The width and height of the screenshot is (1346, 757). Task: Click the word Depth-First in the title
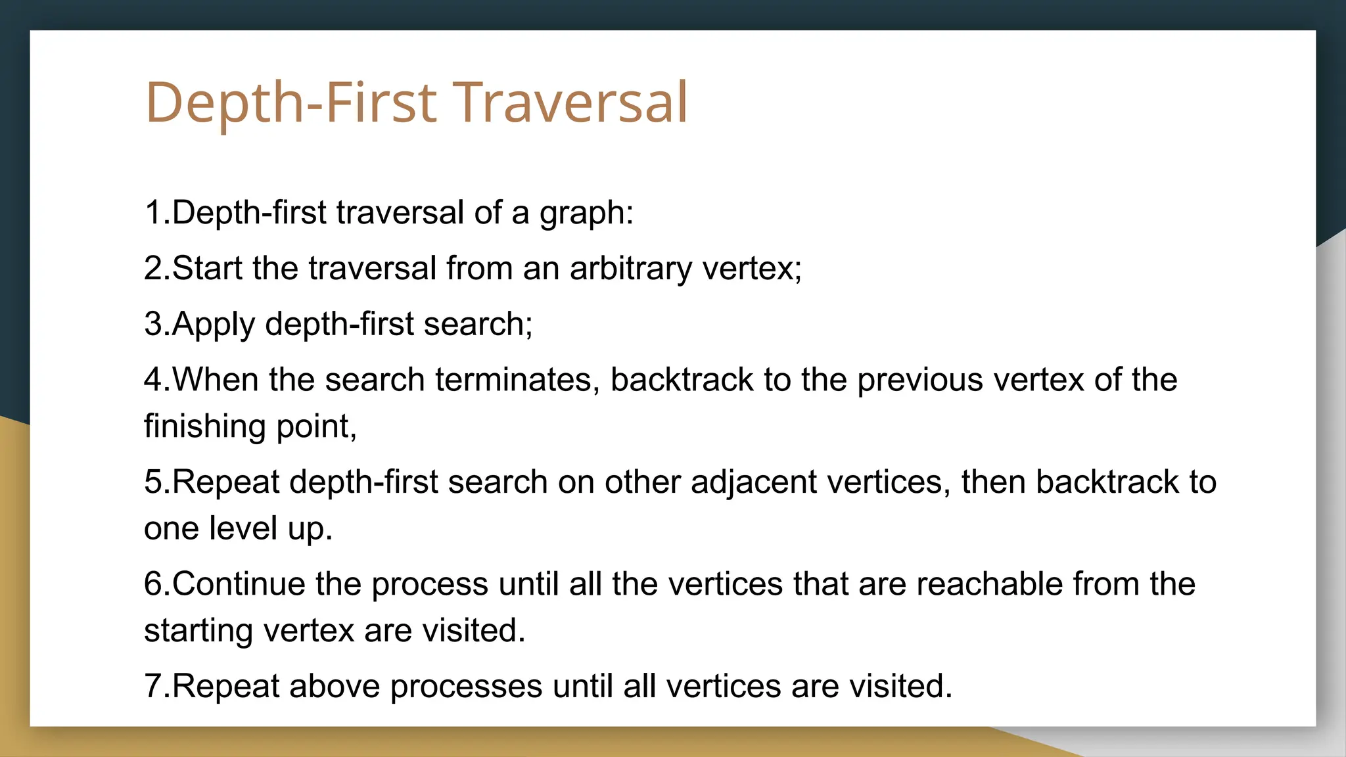[x=290, y=103]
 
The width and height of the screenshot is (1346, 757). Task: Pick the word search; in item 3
[x=478, y=325]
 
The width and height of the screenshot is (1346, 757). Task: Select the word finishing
[x=204, y=426]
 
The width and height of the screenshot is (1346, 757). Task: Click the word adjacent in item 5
[x=753, y=482]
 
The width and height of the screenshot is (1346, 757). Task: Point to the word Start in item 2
[x=207, y=269]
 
